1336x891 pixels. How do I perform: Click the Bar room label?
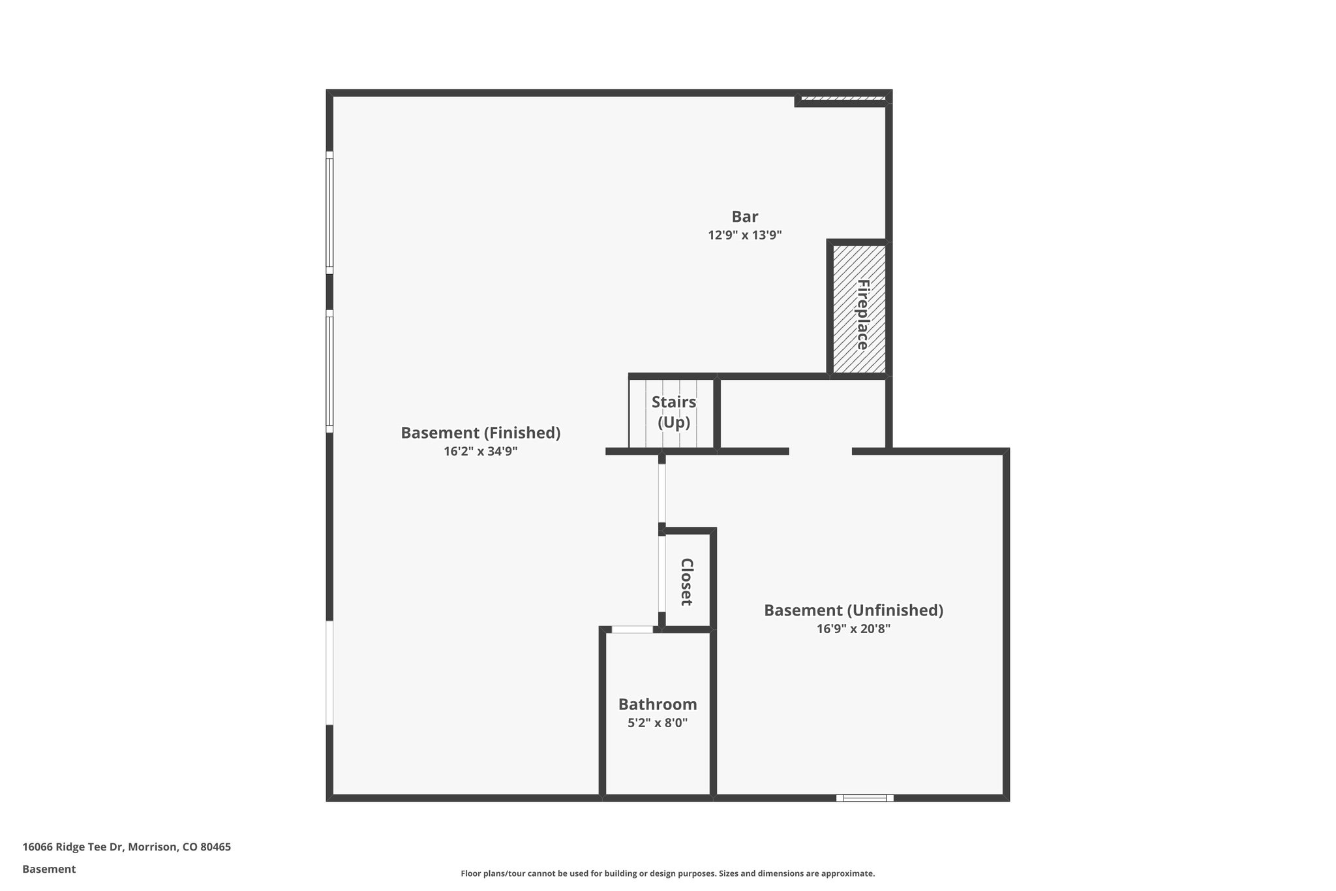click(x=744, y=217)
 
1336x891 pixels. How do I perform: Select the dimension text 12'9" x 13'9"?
click(x=744, y=235)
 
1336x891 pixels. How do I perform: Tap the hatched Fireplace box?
click(x=859, y=309)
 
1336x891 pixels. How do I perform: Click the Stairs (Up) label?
click(x=673, y=412)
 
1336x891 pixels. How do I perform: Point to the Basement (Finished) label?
click(x=480, y=433)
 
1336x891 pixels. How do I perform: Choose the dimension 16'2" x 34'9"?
click(x=480, y=451)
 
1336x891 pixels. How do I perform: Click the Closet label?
click(x=686, y=581)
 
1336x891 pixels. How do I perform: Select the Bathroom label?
click(x=657, y=704)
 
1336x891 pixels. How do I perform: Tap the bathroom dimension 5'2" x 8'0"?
click(x=657, y=723)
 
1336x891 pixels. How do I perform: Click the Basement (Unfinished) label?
click(x=853, y=610)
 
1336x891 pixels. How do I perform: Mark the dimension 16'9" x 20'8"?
click(x=853, y=629)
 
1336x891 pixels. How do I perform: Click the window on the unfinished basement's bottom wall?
click(x=864, y=798)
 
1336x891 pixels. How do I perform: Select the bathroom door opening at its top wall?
click(x=632, y=629)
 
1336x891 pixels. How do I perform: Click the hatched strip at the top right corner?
click(x=843, y=99)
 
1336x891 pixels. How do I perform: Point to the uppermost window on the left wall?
click(x=329, y=213)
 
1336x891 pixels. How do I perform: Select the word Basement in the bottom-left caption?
click(x=49, y=869)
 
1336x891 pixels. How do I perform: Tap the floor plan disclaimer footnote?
click(x=667, y=873)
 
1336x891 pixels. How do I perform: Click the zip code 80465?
click(x=215, y=847)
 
